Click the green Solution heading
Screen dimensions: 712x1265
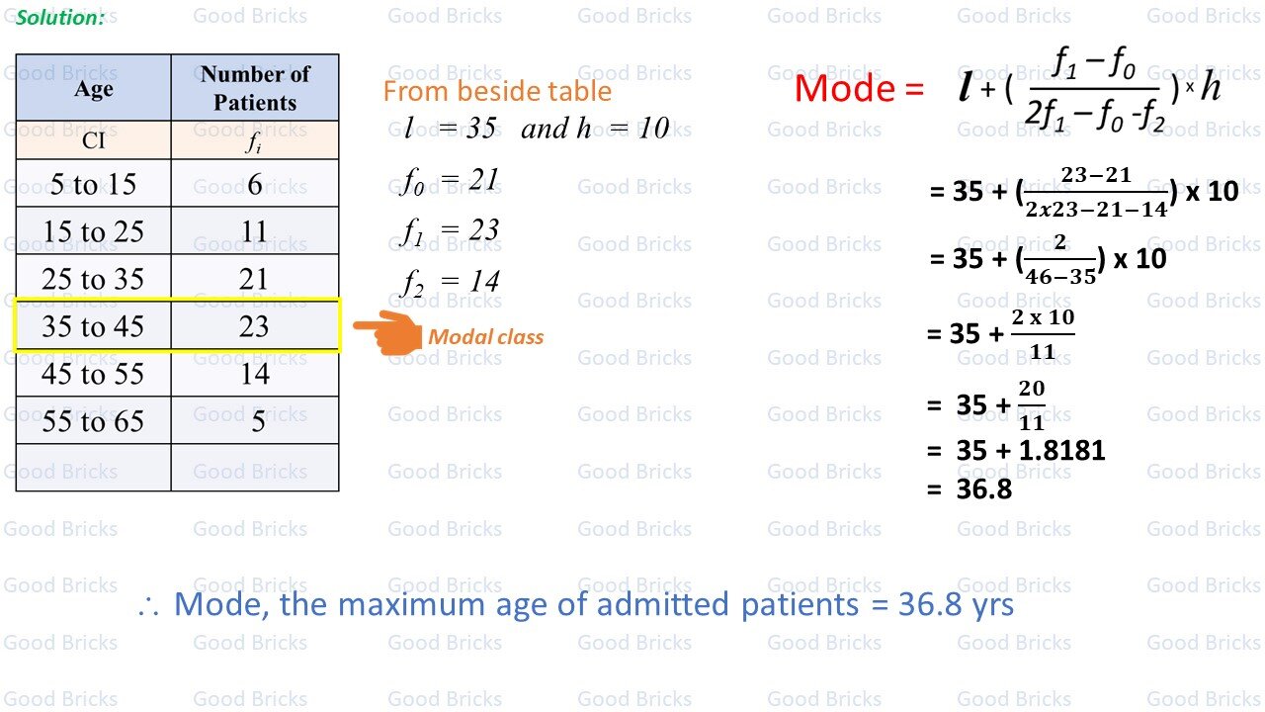coord(60,17)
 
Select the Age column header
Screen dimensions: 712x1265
coord(94,88)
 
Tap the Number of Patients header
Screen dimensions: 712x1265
coord(255,88)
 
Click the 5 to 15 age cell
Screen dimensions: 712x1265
coord(93,184)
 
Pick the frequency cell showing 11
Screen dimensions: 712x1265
coord(254,231)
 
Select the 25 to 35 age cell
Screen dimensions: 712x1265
coord(93,279)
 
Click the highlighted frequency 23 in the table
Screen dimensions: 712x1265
coord(254,326)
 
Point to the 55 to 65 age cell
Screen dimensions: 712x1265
coord(93,421)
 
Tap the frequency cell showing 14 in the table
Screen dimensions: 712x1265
coord(254,374)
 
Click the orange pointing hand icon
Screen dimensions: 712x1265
coord(386,332)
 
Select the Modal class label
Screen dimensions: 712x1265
coord(485,337)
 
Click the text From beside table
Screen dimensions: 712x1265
coord(497,92)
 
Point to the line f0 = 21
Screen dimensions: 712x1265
coord(450,180)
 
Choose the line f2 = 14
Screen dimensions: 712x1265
coord(451,282)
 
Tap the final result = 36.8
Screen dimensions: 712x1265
coord(970,489)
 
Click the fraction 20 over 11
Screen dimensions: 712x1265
coord(1031,405)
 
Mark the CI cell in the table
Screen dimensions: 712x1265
coord(94,140)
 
